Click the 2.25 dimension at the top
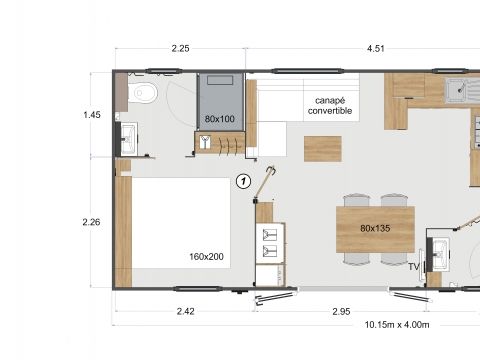click(181, 47)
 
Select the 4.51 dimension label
click(376, 47)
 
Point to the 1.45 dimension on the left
click(92, 115)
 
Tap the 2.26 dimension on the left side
click(92, 222)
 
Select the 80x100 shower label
click(219, 118)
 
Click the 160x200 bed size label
click(206, 257)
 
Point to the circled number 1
click(242, 181)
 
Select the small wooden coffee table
click(322, 148)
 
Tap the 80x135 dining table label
click(375, 228)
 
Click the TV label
click(413, 266)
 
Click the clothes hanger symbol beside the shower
click(204, 141)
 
